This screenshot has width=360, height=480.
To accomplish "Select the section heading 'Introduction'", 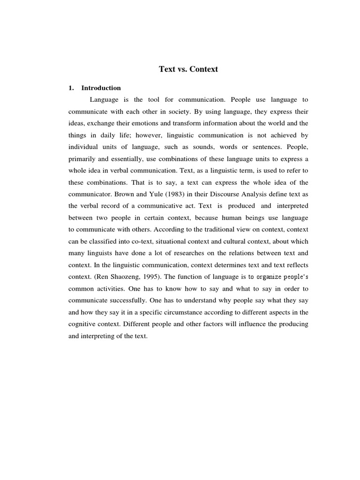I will point(101,88).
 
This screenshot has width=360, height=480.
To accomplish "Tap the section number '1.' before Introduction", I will point(71,88).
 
